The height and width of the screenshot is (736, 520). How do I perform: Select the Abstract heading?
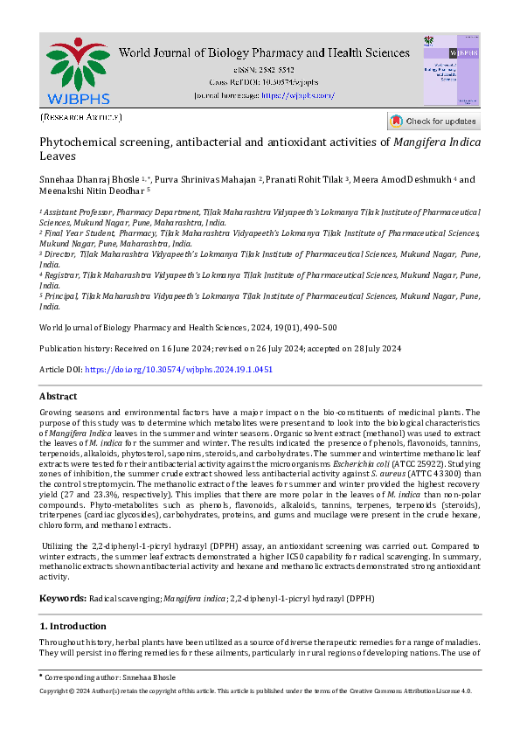point(59,396)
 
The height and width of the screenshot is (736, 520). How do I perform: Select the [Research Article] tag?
point(80,117)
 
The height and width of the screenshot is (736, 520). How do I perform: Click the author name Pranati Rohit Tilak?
point(304,180)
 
